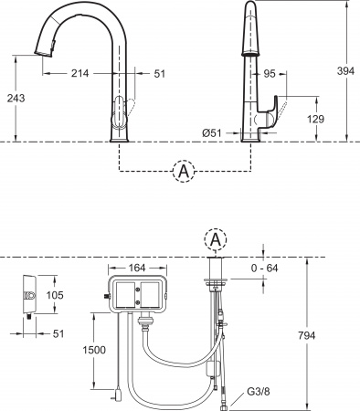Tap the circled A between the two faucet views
coord(184,171)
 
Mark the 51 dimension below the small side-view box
coord(57,333)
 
